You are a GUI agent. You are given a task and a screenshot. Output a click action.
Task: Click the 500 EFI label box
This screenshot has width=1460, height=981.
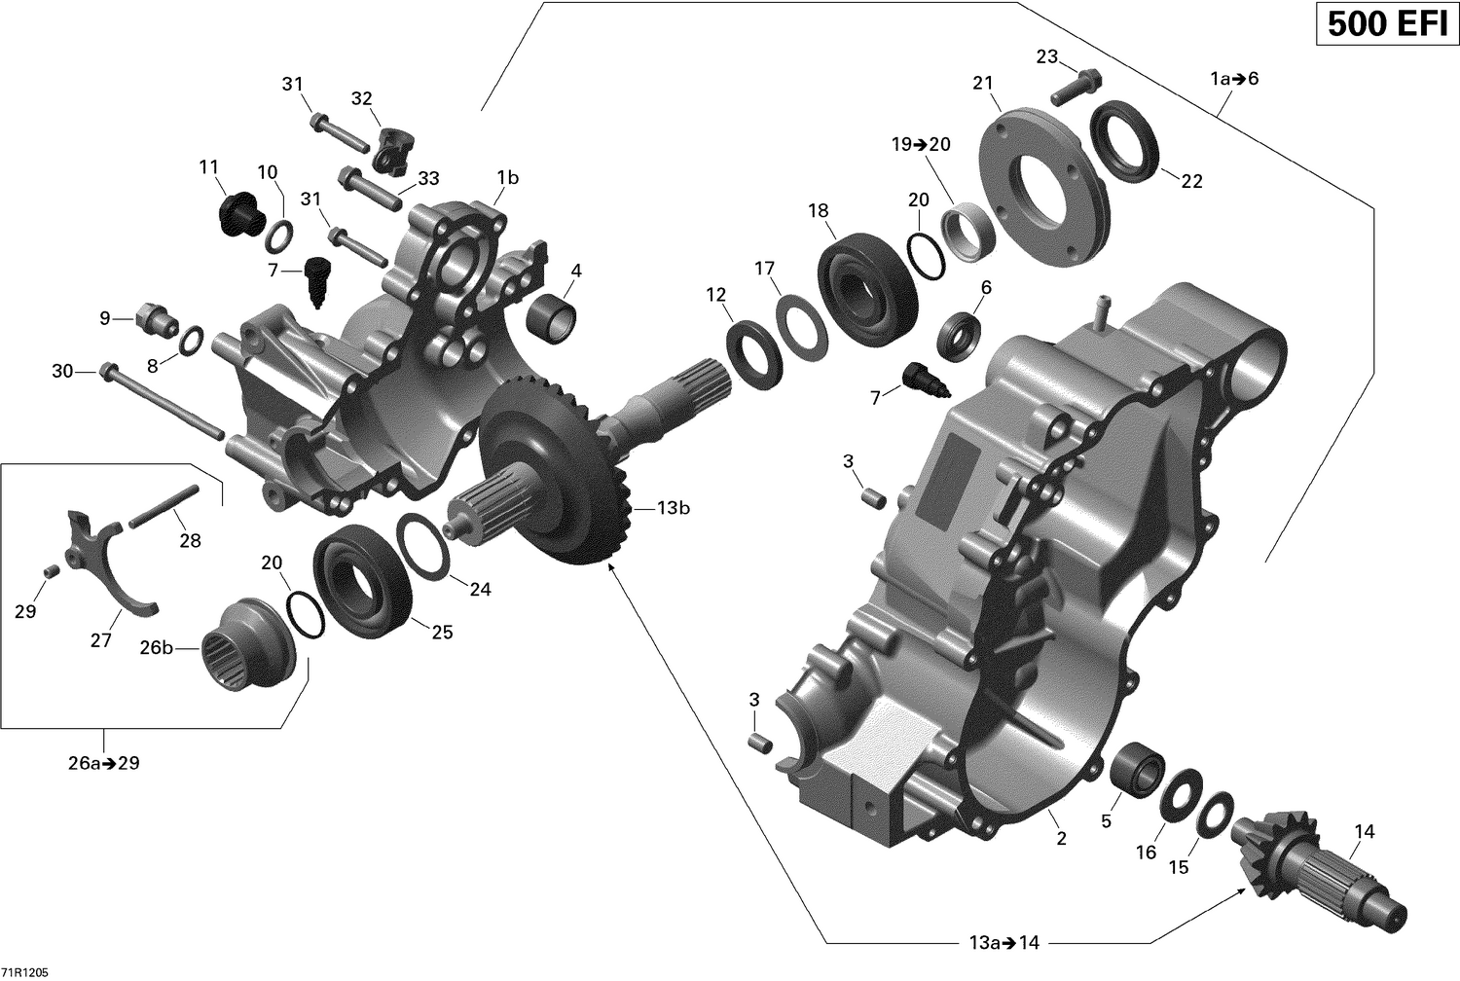pos(1386,24)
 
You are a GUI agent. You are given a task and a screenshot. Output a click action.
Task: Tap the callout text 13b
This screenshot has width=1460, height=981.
pos(673,508)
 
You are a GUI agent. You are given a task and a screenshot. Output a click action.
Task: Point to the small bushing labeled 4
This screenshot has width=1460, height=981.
pos(551,314)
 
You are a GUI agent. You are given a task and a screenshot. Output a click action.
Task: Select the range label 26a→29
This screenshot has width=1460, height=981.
pos(103,763)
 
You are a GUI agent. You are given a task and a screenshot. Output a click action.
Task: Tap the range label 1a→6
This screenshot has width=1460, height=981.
pos(1234,78)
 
